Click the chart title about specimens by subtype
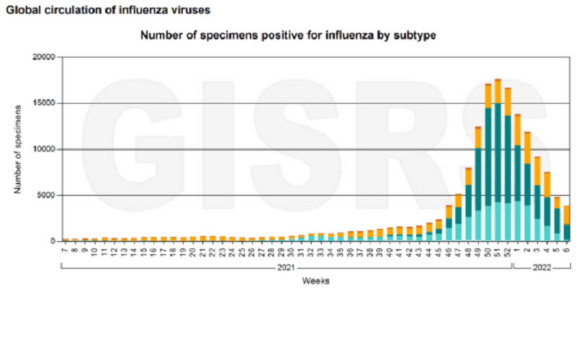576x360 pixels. (288, 35)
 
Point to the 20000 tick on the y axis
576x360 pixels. (44, 58)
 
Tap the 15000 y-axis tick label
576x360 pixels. (44, 104)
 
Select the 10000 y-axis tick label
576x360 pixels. (44, 150)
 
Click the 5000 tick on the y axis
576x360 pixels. (46, 195)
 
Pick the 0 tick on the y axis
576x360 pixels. (53, 241)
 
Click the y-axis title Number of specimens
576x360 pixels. (17, 148)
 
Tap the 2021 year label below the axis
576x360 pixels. (286, 268)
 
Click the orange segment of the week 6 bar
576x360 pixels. (567, 215)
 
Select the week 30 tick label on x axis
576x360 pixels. (292, 251)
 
